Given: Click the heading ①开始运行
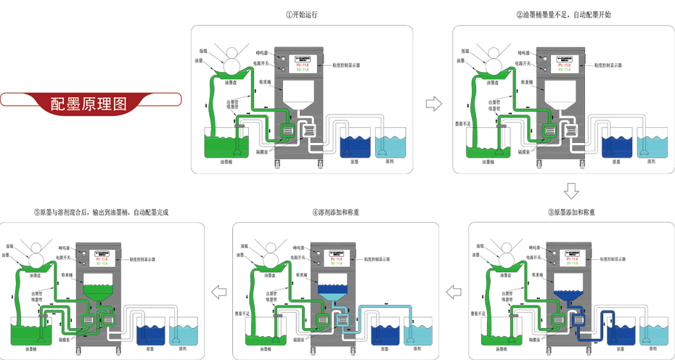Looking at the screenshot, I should (x=302, y=14).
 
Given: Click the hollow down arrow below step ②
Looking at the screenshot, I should (x=571, y=192).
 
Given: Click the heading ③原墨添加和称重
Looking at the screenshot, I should (x=572, y=213).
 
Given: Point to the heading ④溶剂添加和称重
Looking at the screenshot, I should (x=336, y=213).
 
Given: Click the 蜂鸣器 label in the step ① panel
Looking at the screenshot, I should (x=263, y=52).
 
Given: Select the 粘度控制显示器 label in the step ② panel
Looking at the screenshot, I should (x=599, y=65).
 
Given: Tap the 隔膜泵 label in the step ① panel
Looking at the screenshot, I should (x=263, y=152).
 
